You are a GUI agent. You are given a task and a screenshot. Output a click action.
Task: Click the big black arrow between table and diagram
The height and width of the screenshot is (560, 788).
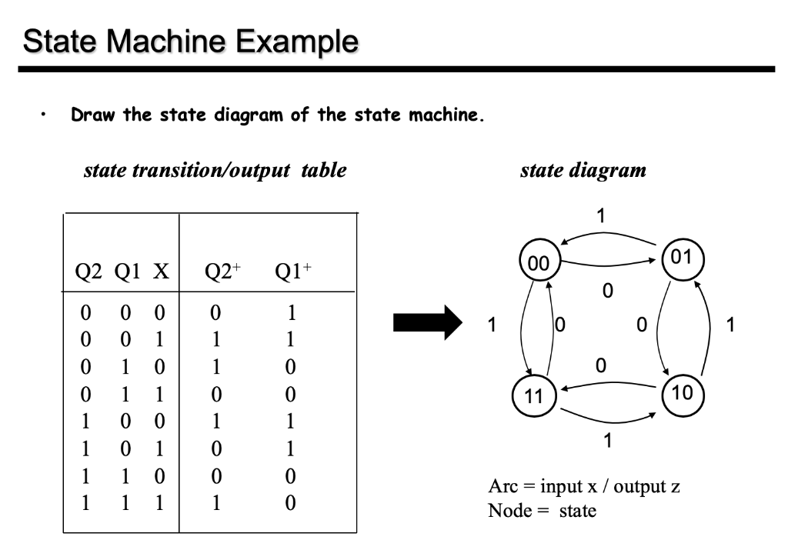[425, 324]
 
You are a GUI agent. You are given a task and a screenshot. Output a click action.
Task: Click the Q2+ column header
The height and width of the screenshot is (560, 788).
[223, 272]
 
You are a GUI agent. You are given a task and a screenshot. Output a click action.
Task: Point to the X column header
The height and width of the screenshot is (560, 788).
[162, 272]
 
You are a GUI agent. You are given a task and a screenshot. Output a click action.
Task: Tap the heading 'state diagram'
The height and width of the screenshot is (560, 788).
[583, 170]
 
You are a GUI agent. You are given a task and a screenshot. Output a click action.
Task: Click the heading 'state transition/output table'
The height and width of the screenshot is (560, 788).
[215, 170]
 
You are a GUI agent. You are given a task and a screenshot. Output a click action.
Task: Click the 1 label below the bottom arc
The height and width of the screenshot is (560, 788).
[608, 442]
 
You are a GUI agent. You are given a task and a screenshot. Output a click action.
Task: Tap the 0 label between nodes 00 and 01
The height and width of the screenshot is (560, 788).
[608, 291]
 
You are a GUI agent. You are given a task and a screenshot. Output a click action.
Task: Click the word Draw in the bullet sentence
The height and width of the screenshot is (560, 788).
[93, 116]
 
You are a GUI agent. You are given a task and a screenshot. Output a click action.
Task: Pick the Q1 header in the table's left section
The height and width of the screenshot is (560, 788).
[125, 272]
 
